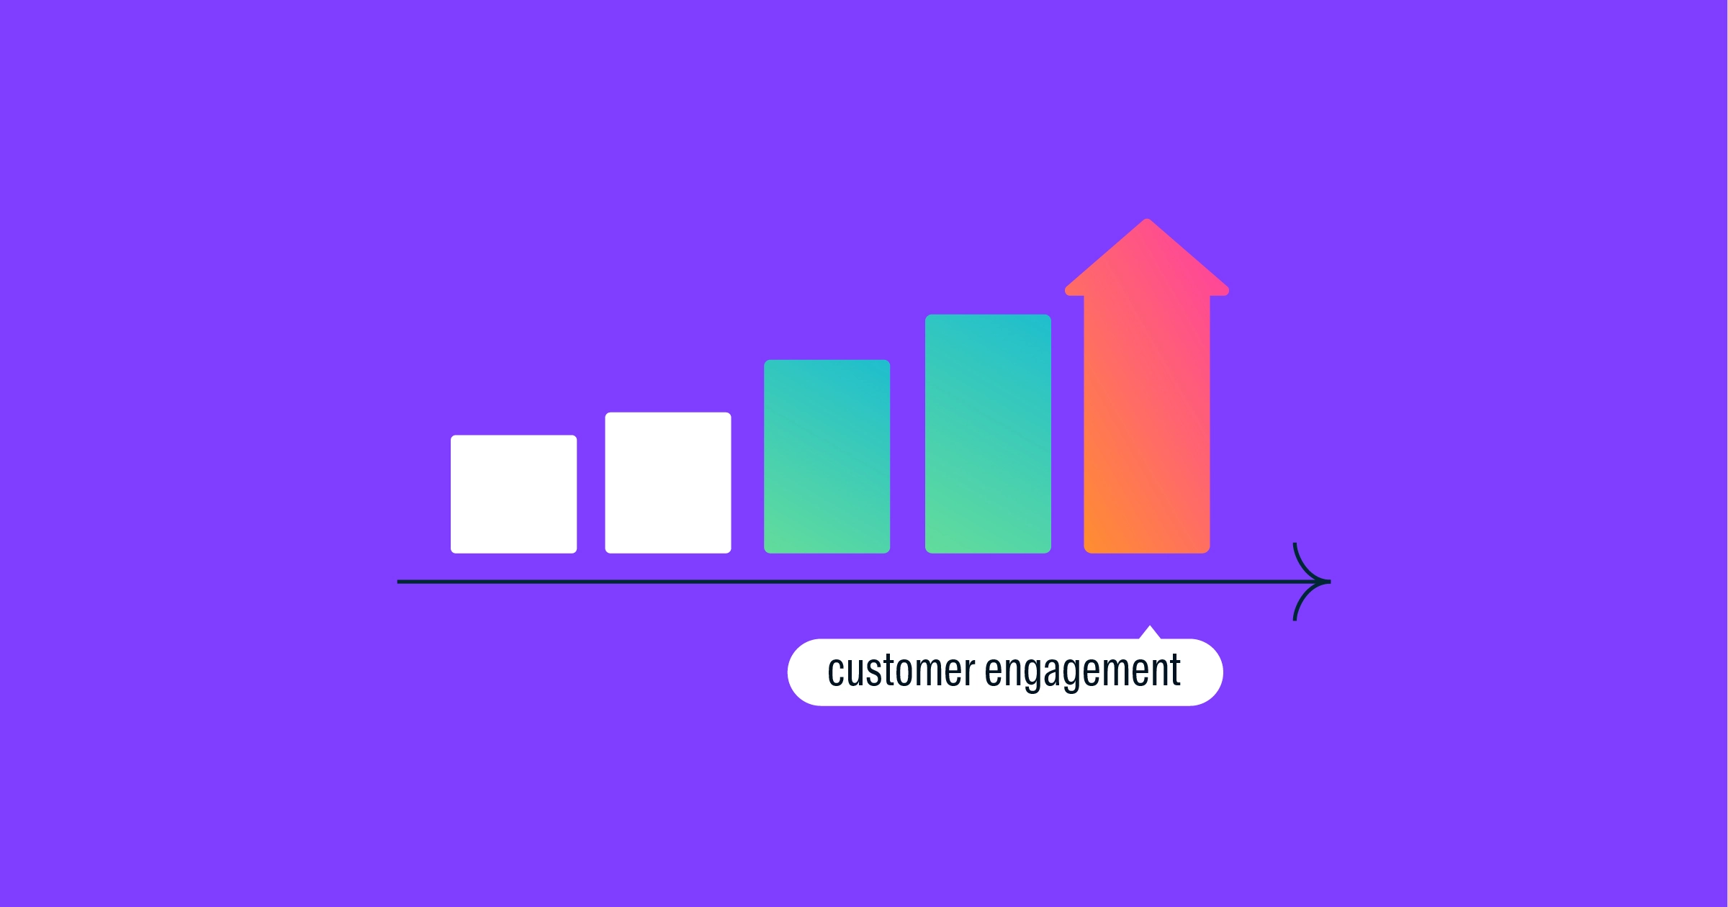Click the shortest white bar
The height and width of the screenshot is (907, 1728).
click(513, 494)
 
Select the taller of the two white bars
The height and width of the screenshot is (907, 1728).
click(668, 482)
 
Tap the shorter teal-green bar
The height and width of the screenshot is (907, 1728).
click(827, 456)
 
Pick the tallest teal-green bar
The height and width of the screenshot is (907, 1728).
click(988, 433)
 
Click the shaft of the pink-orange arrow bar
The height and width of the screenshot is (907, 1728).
click(1147, 424)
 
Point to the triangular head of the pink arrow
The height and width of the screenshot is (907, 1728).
click(1147, 259)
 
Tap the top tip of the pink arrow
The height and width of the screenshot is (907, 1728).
click(1147, 219)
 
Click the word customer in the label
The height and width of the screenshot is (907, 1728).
click(901, 671)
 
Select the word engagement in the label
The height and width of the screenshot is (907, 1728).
click(1083, 672)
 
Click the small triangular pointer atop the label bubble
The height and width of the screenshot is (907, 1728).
click(1150, 633)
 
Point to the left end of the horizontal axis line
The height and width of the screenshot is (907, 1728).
click(399, 582)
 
